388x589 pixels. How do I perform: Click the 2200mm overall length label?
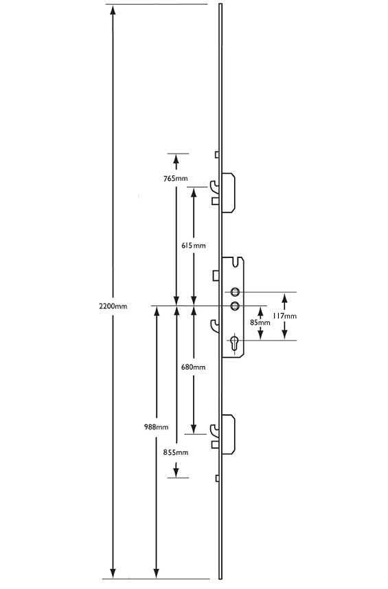click(x=113, y=306)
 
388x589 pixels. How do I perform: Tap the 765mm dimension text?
click(x=175, y=178)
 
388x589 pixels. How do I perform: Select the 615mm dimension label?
click(x=194, y=246)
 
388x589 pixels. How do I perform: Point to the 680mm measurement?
click(x=194, y=367)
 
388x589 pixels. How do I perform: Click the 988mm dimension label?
click(x=157, y=427)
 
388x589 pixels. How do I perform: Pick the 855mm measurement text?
click(x=175, y=452)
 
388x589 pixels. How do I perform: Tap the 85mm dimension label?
click(x=260, y=322)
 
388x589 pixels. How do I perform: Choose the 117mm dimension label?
click(x=284, y=316)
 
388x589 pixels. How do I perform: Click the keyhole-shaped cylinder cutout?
click(x=235, y=343)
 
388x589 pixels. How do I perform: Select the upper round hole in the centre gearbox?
click(x=235, y=292)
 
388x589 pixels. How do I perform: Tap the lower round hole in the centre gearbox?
click(x=235, y=306)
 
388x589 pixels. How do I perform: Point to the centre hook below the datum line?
click(x=215, y=326)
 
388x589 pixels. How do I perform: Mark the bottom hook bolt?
click(x=215, y=432)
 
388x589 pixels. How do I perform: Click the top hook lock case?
click(x=228, y=193)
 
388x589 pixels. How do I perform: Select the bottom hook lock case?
click(x=228, y=434)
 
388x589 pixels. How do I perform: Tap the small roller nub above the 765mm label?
click(x=217, y=155)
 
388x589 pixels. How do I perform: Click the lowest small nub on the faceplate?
click(x=217, y=478)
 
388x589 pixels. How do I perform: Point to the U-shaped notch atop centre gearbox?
click(x=236, y=262)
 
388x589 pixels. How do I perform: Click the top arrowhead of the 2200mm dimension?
click(x=113, y=10)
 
